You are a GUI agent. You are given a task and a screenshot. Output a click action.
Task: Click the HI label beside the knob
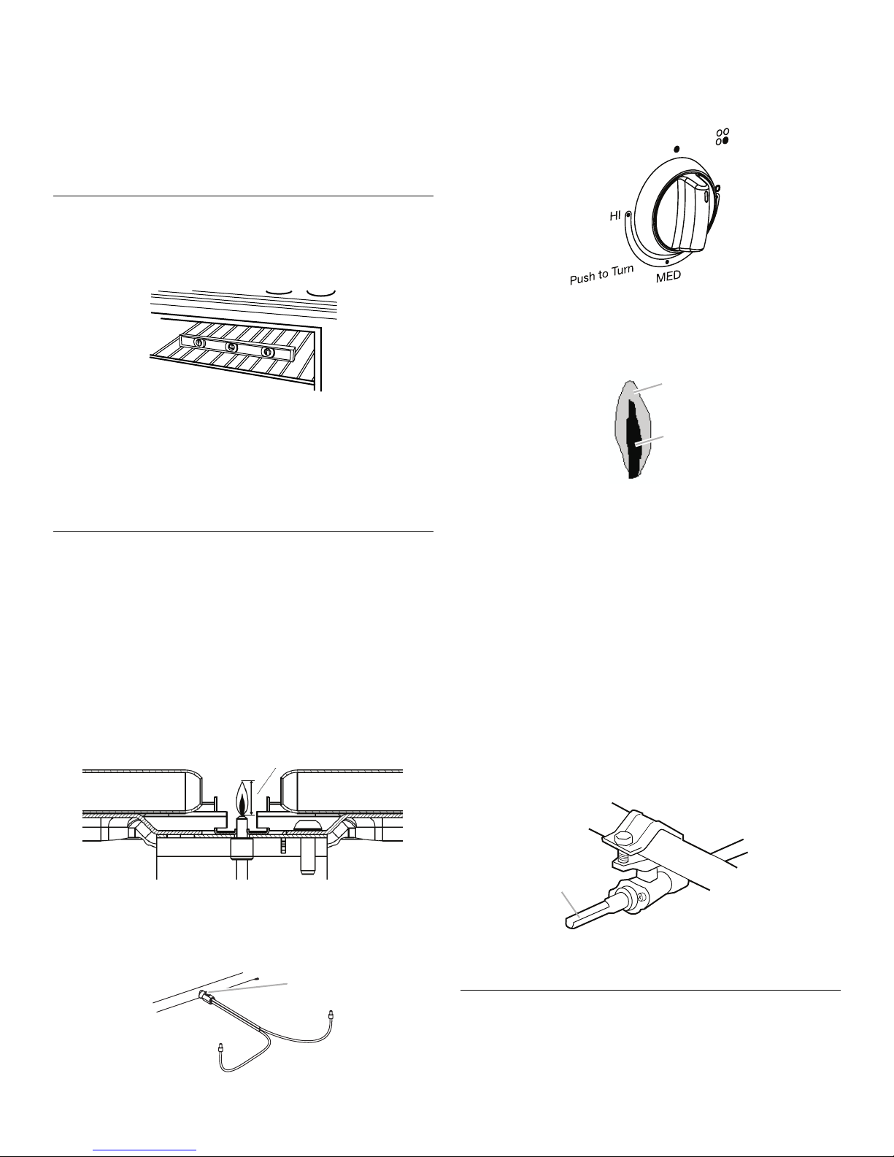point(615,216)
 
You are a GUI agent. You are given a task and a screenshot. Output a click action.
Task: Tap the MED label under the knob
point(668,277)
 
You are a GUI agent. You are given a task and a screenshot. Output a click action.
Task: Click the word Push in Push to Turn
point(582,277)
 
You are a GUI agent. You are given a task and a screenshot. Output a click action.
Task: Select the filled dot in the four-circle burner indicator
point(725,141)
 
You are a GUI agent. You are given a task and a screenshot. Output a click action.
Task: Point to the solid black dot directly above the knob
point(677,149)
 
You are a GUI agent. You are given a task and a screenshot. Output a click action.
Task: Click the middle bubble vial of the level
point(231,347)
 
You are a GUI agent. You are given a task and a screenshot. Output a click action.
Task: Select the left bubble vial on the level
point(199,343)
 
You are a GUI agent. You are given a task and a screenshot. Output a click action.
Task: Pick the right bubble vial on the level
point(266,351)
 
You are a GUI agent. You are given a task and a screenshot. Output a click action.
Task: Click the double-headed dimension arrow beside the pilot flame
point(252,798)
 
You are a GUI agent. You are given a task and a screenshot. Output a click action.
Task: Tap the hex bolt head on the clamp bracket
point(624,839)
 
